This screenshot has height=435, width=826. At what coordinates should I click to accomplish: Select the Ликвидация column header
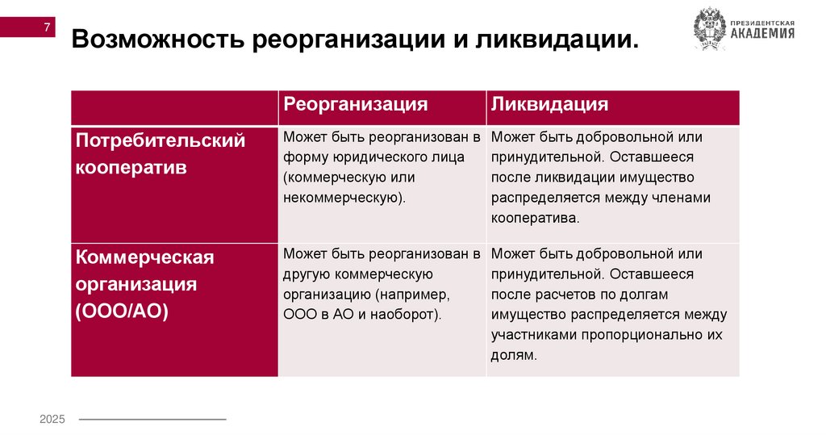550,105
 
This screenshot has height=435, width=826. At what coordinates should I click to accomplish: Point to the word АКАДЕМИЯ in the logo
762,34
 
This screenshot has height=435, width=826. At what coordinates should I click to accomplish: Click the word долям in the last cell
512,354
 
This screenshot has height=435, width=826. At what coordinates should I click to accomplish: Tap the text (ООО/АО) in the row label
123,312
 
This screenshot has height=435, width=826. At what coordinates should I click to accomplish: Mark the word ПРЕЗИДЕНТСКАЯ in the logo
762,22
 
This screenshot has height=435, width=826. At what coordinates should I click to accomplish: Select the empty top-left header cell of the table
174,107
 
